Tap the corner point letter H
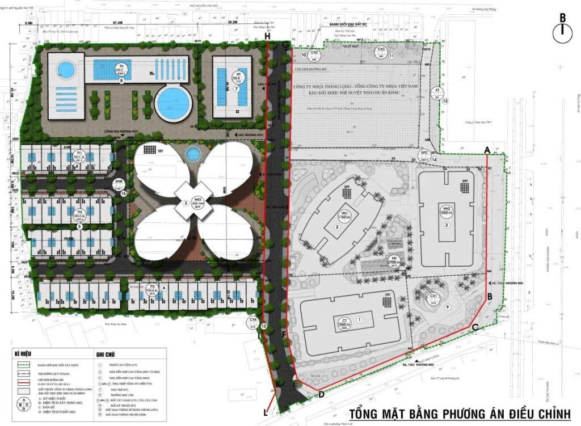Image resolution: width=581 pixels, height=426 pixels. pyautogui.click(x=267, y=37)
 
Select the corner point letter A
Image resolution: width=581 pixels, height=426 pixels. pyautogui.click(x=487, y=149)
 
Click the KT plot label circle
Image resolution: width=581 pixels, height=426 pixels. pyautogui.click(x=437, y=93)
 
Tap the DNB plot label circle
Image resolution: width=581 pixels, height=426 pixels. pyautogui.click(x=119, y=183)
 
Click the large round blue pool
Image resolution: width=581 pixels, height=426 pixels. pyautogui.click(x=172, y=104)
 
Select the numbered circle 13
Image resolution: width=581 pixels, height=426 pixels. pyautogui.click(x=445, y=101)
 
